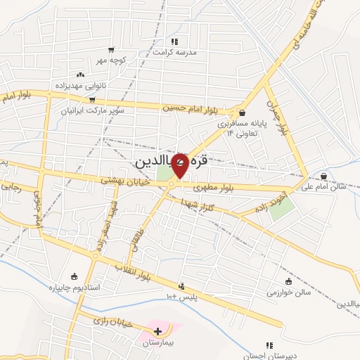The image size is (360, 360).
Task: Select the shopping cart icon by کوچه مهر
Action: (111, 50)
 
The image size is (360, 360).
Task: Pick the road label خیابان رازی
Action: (112, 321)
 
